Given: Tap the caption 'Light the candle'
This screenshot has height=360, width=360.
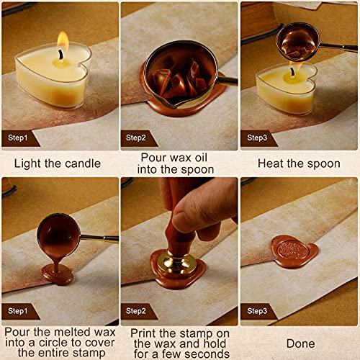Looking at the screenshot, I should coord(58,163).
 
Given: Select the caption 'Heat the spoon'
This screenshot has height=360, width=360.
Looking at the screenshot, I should coord(298,163).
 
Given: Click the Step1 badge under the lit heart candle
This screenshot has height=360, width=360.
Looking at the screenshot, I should coord(19,137).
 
